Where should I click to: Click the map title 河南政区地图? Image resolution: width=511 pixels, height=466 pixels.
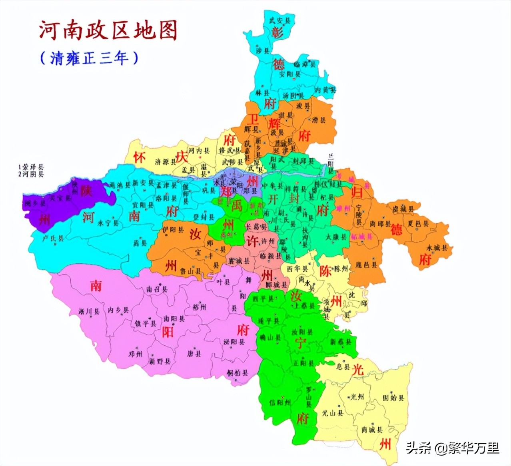[108, 31]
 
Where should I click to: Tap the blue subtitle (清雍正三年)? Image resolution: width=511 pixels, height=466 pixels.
[89, 58]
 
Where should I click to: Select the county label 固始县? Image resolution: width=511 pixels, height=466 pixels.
[393, 398]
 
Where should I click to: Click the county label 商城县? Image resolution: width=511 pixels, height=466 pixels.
[372, 430]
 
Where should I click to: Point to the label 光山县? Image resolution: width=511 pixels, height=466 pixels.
[333, 413]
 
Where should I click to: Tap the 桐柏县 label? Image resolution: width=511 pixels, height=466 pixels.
[238, 373]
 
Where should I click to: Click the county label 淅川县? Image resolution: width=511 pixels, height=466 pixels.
[89, 311]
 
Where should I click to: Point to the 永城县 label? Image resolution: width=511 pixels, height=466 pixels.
[437, 248]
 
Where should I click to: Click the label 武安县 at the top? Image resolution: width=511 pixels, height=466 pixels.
[279, 20]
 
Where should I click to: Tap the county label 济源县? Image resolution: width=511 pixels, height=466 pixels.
[165, 162]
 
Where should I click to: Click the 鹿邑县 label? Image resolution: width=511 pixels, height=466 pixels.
[366, 264]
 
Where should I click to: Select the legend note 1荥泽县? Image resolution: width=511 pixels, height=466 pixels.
[31, 167]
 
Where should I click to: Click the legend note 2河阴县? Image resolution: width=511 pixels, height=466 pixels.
[31, 174]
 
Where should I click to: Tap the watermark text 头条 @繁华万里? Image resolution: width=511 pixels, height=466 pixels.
[453, 448]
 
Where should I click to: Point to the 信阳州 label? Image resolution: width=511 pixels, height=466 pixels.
[280, 402]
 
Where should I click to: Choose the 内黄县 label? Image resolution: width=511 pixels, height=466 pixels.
[325, 90]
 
